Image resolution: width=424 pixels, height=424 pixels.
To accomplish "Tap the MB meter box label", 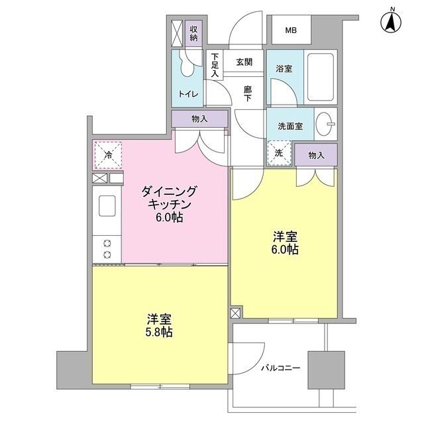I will pyautogui.click(x=291, y=30).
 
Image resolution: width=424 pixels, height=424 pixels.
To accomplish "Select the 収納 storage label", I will pyautogui.click(x=193, y=33).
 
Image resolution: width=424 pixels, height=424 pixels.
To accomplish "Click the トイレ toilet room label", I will pyautogui.click(x=187, y=94).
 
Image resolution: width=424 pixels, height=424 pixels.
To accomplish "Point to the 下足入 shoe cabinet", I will pyautogui.click(x=215, y=66).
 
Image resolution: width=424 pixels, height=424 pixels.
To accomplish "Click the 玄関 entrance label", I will pyautogui.click(x=243, y=62).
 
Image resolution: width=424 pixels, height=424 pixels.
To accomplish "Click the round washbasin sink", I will pyautogui.click(x=325, y=123).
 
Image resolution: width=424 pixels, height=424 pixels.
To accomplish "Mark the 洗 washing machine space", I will pyautogui.click(x=278, y=153).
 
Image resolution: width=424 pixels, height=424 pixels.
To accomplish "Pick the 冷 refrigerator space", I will pyautogui.click(x=108, y=156).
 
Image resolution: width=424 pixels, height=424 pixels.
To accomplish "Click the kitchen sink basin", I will pyautogui.click(x=108, y=206).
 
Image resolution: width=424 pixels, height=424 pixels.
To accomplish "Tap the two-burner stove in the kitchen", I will pyautogui.click(x=107, y=248).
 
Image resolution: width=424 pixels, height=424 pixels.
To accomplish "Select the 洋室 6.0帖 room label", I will pyautogui.click(x=285, y=242).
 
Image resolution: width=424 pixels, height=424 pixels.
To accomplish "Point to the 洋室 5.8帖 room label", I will pyautogui.click(x=158, y=325).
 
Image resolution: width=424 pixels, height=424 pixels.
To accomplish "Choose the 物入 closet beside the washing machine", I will pyautogui.click(x=316, y=154).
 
